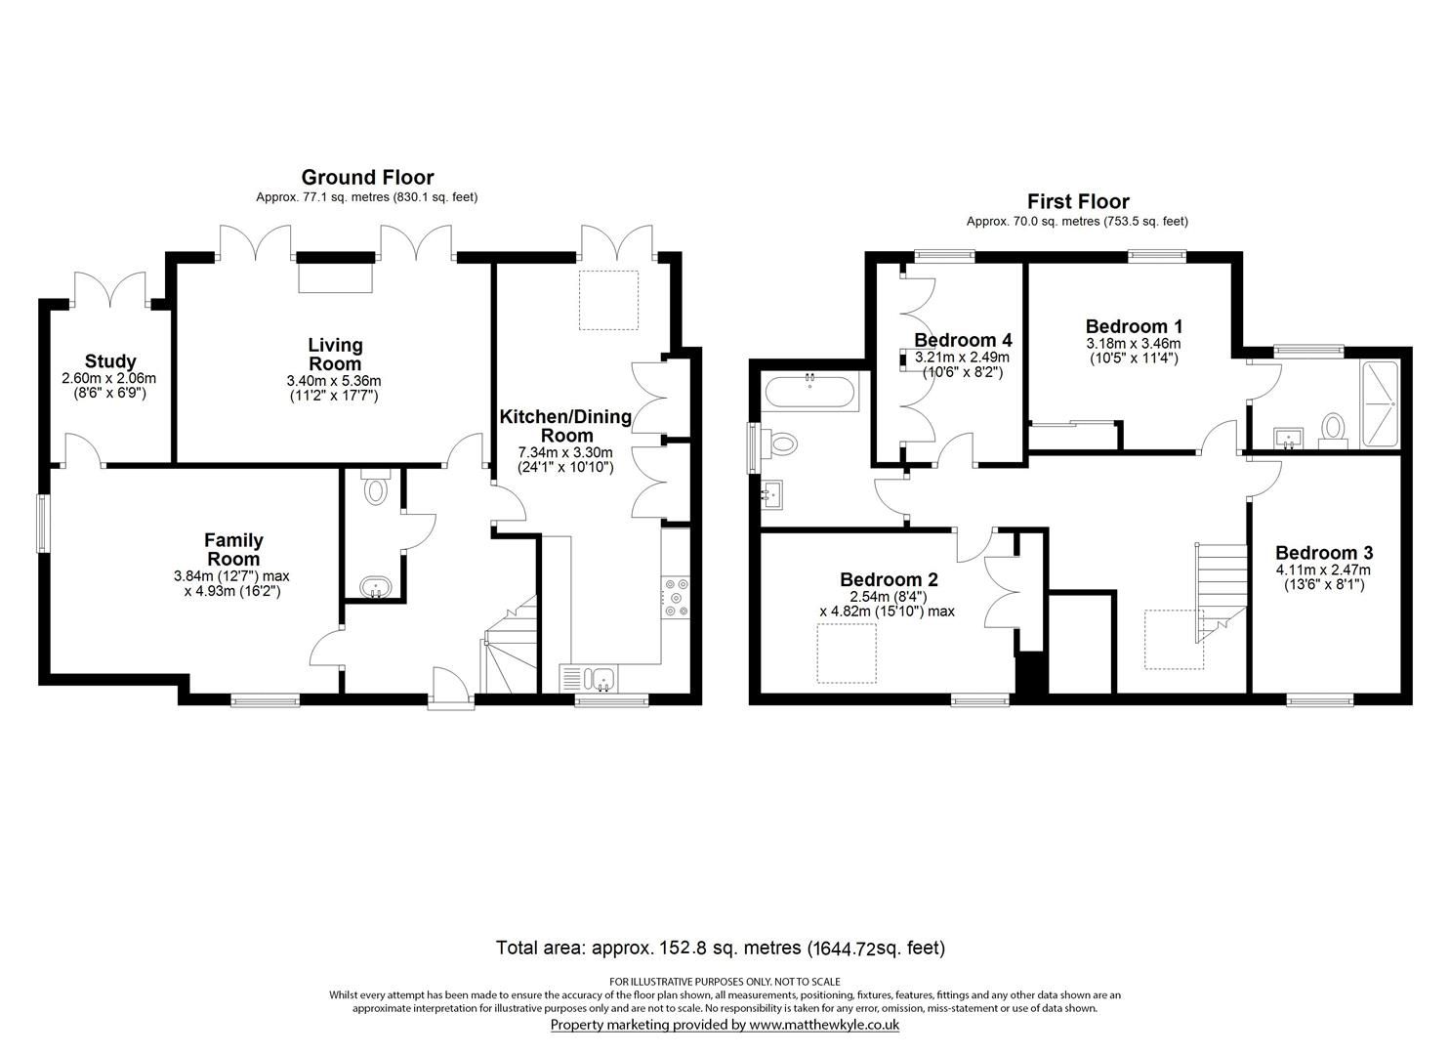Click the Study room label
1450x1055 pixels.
click(x=109, y=361)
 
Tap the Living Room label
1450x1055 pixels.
click(x=335, y=354)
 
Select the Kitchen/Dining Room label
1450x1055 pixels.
click(x=565, y=426)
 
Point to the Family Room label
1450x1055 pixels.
click(x=233, y=549)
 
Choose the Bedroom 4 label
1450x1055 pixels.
click(x=963, y=340)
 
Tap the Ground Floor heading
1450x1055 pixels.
click(x=367, y=177)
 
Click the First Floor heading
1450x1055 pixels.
click(x=1077, y=201)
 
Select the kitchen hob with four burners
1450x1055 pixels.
click(x=676, y=599)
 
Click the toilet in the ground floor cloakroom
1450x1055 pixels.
click(x=375, y=487)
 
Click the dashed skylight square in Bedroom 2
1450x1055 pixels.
click(x=847, y=653)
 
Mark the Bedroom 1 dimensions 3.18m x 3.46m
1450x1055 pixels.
click(x=1133, y=344)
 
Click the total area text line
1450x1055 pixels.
click(x=721, y=948)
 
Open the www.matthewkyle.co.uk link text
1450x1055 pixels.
click(x=823, y=1025)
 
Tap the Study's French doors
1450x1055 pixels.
click(x=110, y=290)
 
